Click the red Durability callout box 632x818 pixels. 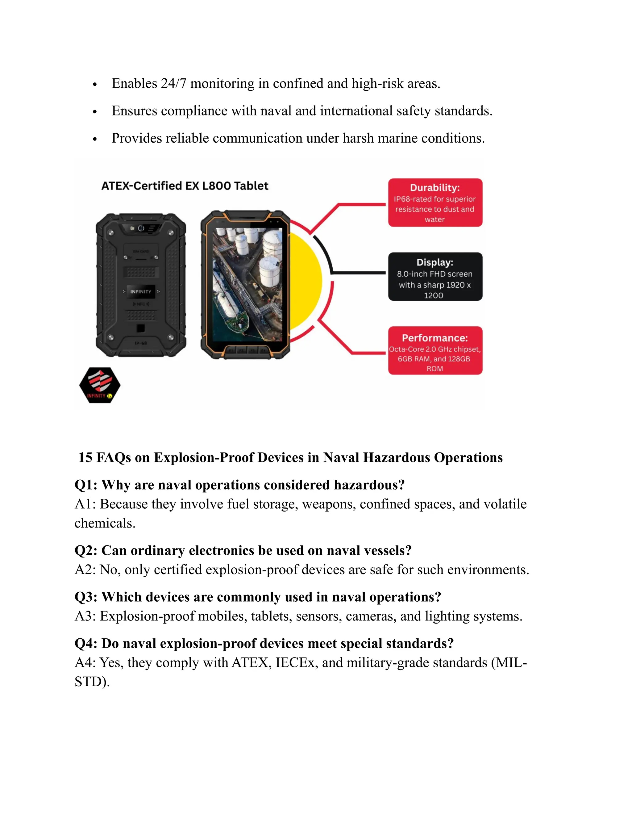[435, 202]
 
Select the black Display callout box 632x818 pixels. [435, 276]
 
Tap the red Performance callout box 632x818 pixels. [435, 351]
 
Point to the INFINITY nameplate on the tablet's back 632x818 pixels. [140, 291]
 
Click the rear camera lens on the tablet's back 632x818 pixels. [141, 228]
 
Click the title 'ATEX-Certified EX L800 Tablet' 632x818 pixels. [185, 186]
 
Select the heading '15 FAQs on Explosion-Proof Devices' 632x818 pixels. [290, 457]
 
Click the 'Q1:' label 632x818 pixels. [86, 485]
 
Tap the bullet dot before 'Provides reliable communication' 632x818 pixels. [95, 139]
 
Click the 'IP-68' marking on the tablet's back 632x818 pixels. [141, 343]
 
